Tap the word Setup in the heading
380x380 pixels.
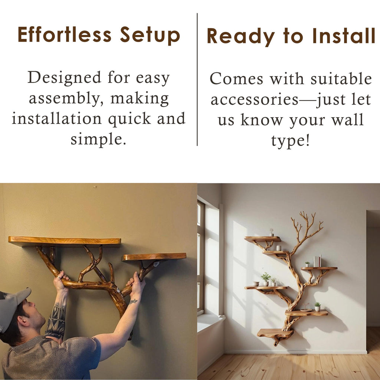coord(150,36)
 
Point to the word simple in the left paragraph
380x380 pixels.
coord(98,140)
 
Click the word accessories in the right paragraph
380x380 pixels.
coord(255,99)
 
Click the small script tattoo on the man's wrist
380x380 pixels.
coord(133,301)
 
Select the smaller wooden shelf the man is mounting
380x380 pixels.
coord(154,256)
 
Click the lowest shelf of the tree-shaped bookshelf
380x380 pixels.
coord(275,333)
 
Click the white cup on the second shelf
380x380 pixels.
coord(278,248)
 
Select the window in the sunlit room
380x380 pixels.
coord(201,256)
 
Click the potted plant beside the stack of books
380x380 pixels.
coord(307,264)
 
